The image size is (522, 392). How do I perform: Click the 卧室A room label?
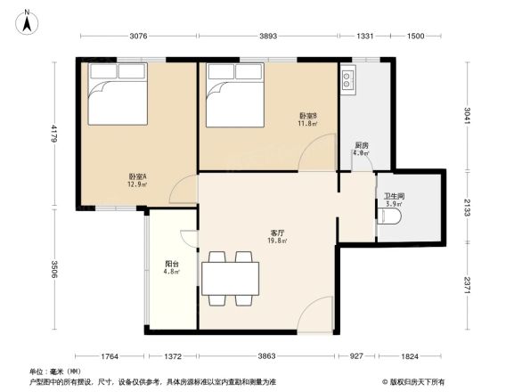(136, 179)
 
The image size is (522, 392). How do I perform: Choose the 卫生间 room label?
(395, 199)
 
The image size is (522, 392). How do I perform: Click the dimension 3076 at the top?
(138, 37)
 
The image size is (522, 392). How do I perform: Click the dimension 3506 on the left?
(53, 270)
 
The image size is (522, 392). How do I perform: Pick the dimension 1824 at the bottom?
(407, 356)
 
